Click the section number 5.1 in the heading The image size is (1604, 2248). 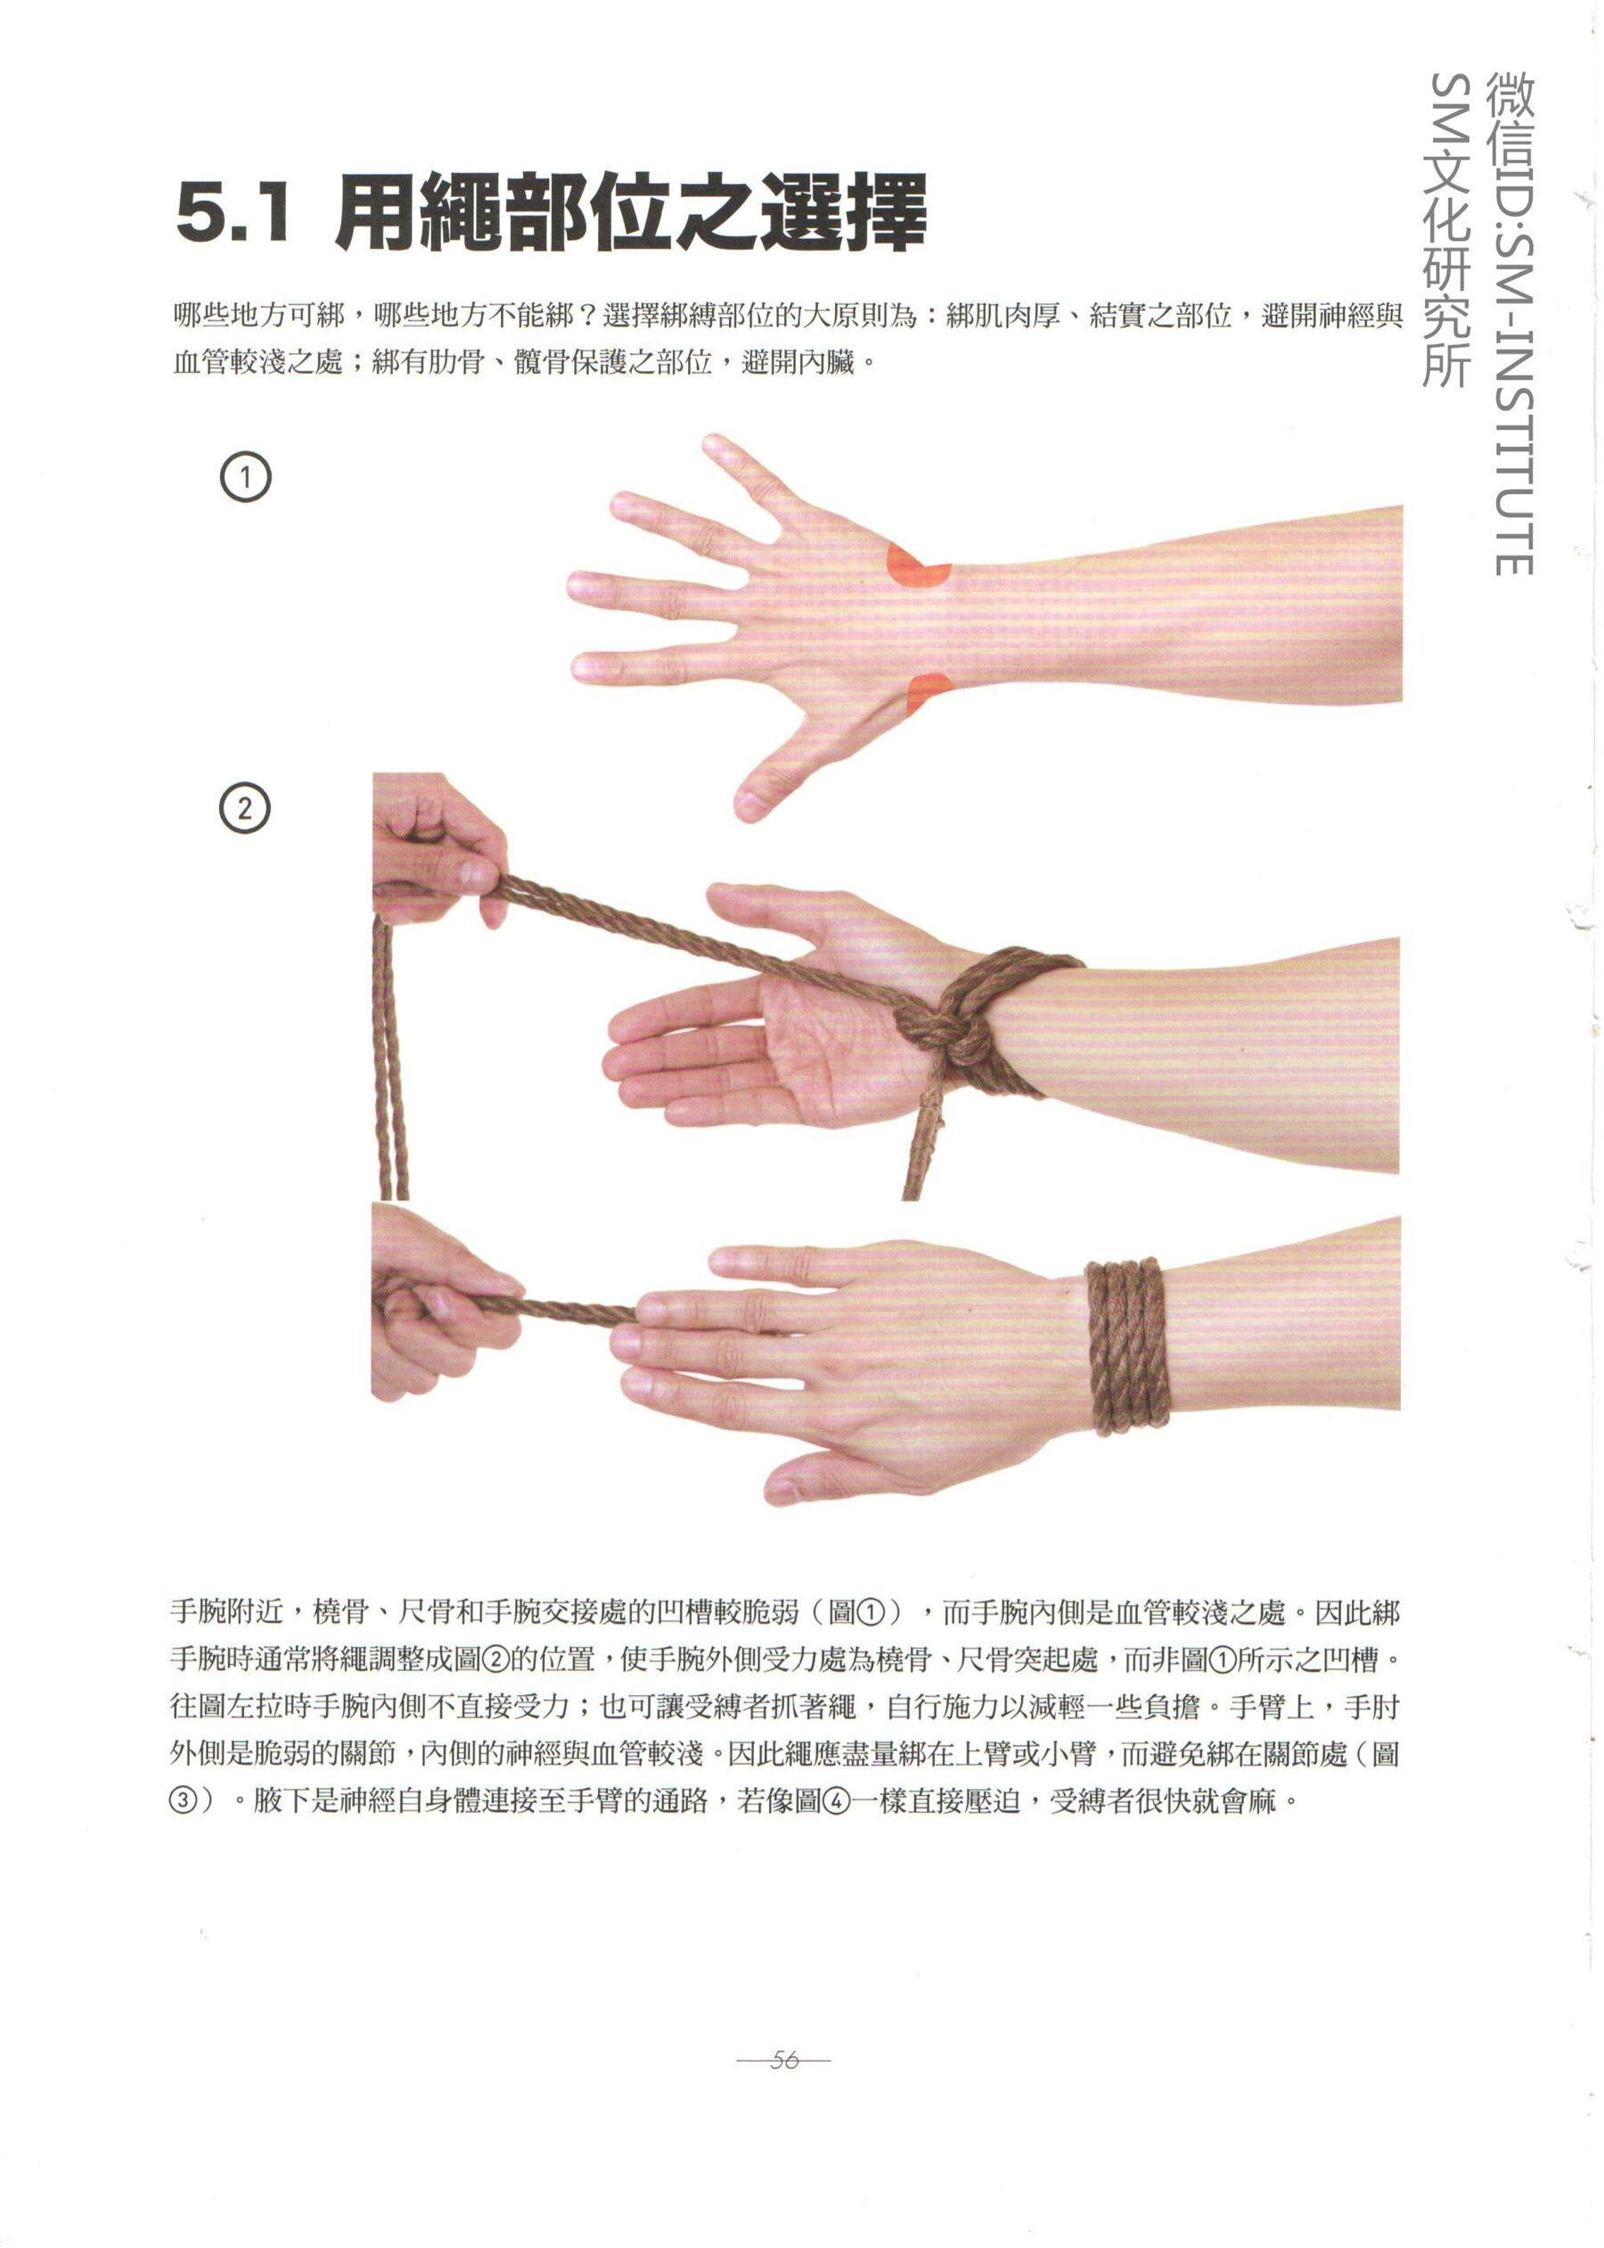(234, 213)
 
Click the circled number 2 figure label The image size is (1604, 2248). (244, 810)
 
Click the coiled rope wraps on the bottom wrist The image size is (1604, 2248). (1127, 1345)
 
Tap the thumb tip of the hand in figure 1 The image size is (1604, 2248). (749, 805)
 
